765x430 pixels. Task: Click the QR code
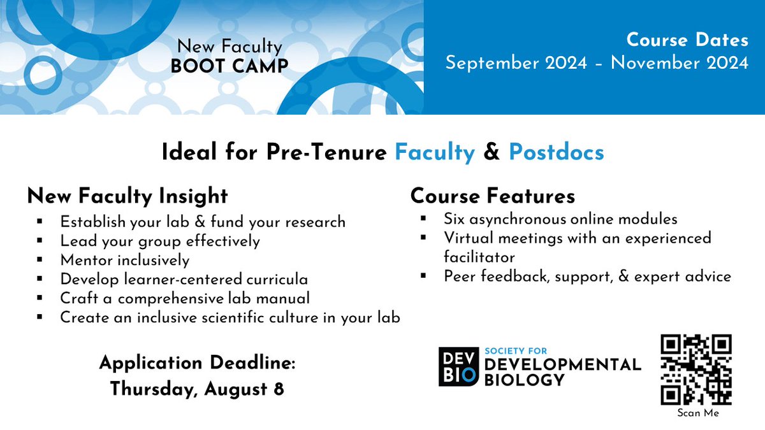tap(696, 369)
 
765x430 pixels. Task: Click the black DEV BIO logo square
tap(457, 367)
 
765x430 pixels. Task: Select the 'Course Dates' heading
tap(687, 40)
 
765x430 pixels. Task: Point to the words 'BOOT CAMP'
tap(229, 66)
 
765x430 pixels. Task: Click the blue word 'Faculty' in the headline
tap(435, 152)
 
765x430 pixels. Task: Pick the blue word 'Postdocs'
tap(556, 152)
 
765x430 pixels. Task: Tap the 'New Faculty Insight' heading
tap(127, 196)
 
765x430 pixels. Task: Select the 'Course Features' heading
tap(492, 196)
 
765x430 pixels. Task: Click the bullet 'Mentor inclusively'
tap(125, 260)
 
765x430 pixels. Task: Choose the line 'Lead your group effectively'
tap(160, 241)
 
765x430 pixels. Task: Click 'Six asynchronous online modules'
tap(560, 219)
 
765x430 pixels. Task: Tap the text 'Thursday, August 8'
tap(196, 388)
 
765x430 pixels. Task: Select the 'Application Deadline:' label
tap(197, 363)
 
